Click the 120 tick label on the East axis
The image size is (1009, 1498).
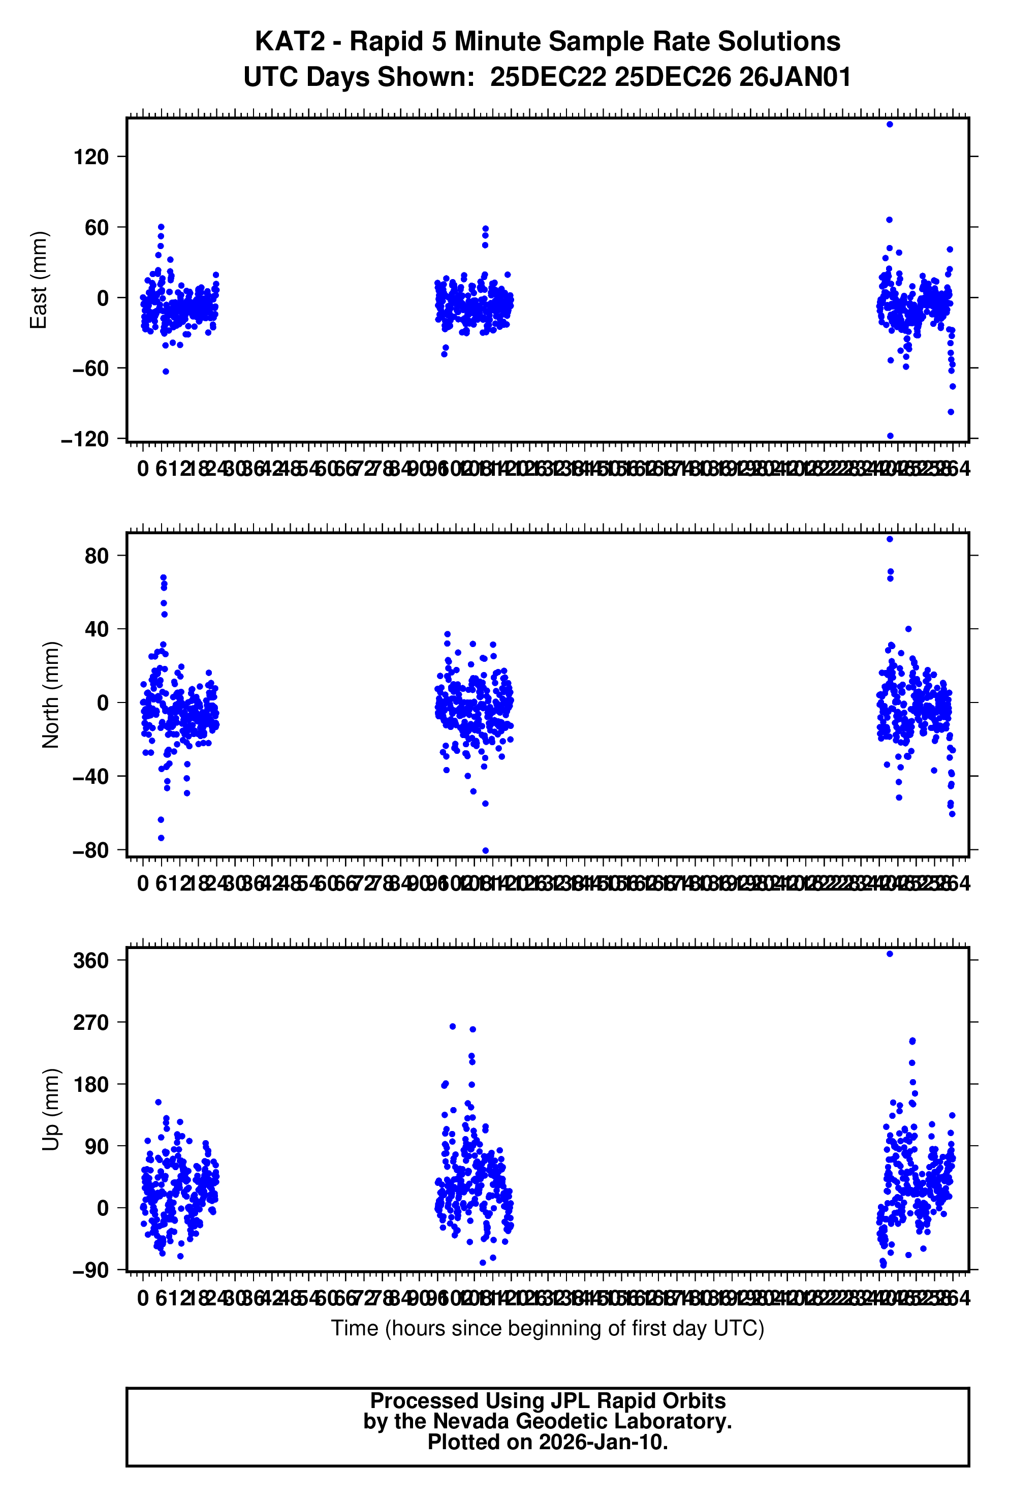click(91, 157)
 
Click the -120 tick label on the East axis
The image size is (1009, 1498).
click(85, 439)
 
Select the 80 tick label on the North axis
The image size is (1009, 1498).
click(97, 556)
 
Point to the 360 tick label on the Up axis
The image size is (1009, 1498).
click(91, 961)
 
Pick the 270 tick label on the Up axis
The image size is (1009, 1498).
click(91, 1022)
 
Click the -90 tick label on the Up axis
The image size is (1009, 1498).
click(91, 1270)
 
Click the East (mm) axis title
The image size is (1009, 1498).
click(39, 280)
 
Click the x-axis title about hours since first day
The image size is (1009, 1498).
click(548, 1328)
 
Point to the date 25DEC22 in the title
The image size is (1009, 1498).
click(548, 77)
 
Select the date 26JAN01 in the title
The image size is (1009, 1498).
click(795, 77)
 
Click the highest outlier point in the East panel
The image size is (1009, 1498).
click(889, 124)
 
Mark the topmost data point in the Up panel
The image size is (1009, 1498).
click(889, 954)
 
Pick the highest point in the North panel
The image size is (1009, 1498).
click(889, 539)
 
